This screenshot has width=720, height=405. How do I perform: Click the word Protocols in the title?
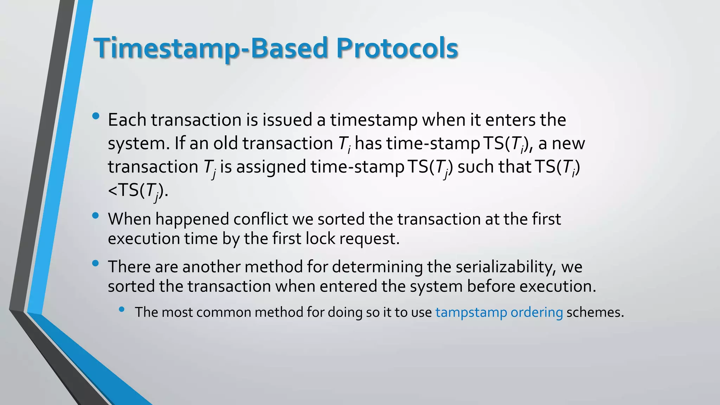pyautogui.click(x=397, y=48)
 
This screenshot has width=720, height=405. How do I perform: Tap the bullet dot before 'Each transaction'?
pyautogui.click(x=95, y=116)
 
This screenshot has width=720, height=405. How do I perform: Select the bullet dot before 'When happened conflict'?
pyautogui.click(x=95, y=216)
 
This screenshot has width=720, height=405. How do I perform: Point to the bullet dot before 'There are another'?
pyautogui.click(x=95, y=263)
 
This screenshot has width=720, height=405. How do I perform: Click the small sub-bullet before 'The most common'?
pyautogui.click(x=122, y=309)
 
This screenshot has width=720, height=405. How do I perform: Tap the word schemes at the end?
pyautogui.click(x=595, y=312)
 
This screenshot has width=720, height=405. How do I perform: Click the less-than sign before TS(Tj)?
pyautogui.click(x=112, y=191)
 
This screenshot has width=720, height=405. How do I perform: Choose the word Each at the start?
pyautogui.click(x=127, y=120)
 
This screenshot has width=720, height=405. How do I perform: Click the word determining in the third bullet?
pyautogui.click(x=377, y=266)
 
